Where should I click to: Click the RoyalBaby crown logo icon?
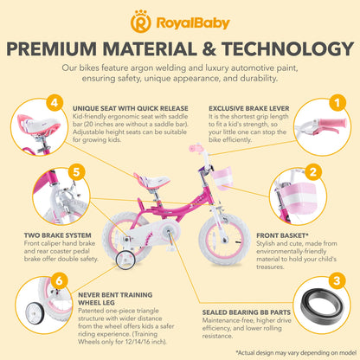pos(140,22)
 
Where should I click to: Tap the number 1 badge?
pos(337,103)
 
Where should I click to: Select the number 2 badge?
pos(312,172)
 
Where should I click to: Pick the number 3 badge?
pos(337,280)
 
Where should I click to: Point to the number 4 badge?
pos(55,102)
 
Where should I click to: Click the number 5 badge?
pos(76,172)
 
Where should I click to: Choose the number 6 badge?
pos(59,280)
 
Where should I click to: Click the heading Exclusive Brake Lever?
pos(249,109)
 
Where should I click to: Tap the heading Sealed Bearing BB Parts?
pos(247,312)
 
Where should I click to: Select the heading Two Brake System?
pos(58,235)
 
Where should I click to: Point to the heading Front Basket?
pos(283,235)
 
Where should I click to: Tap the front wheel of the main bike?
pos(222,239)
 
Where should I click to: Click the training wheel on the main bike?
pos(125,260)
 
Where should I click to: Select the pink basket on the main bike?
pos(222,177)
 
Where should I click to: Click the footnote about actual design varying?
pos(296,353)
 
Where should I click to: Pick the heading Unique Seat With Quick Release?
pos(131,109)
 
